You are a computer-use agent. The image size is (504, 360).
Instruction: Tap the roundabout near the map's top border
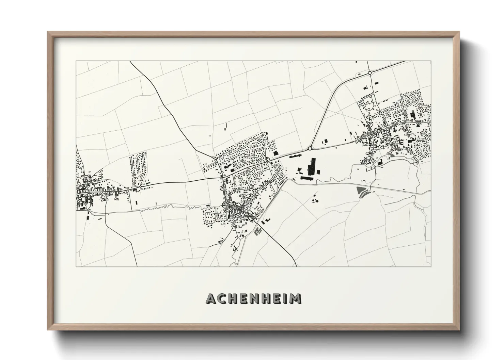coord(369,73)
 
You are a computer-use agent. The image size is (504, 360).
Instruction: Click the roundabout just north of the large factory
coord(310,148)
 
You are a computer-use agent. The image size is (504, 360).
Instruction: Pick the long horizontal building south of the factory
coord(306,177)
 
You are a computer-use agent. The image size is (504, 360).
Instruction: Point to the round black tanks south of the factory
coord(314,200)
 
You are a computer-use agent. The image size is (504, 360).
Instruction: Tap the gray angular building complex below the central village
coord(258,231)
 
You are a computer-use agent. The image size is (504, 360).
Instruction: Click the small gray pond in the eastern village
coord(391,156)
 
